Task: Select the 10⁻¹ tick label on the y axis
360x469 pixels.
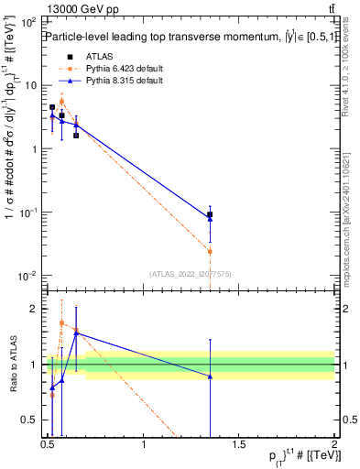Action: coord(28,213)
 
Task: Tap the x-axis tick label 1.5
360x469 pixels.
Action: coord(239,445)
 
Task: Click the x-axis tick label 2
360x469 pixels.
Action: coord(333,445)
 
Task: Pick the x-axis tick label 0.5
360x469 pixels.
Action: coord(48,445)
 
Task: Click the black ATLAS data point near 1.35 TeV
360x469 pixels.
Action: coord(210,214)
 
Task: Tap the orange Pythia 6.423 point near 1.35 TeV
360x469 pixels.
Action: coord(210,251)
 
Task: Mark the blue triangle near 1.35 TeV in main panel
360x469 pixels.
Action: coord(210,219)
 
